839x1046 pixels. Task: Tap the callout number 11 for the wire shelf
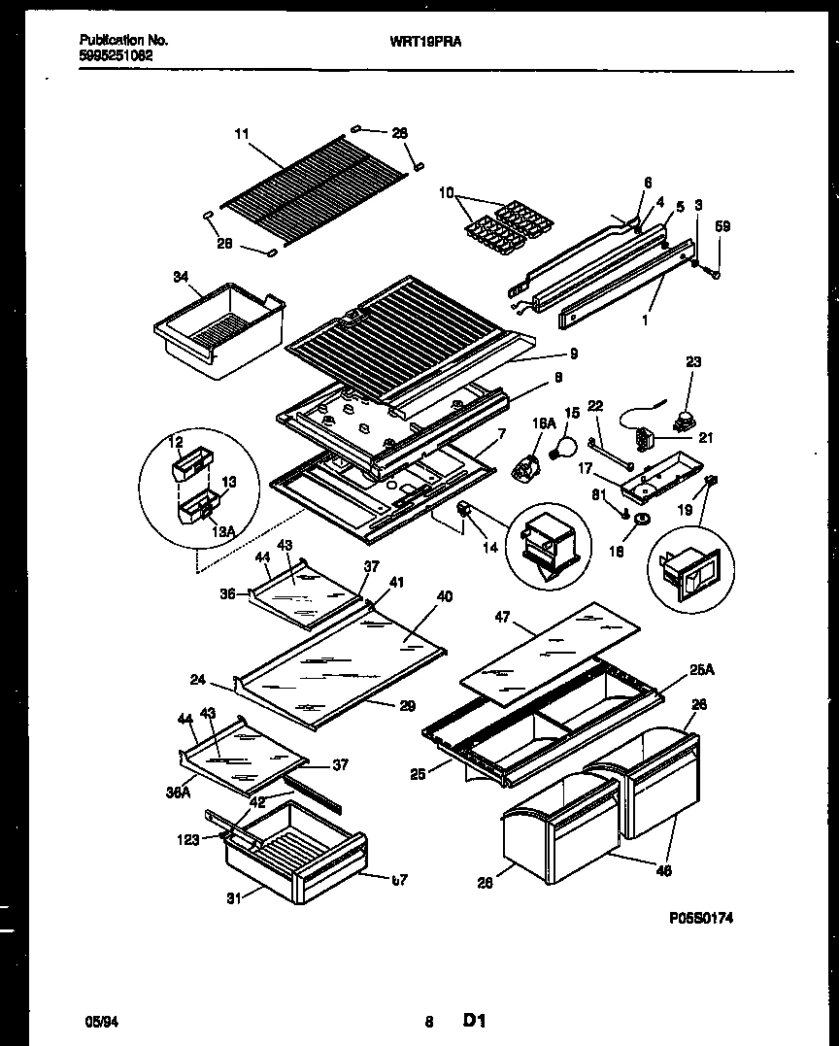[x=242, y=135]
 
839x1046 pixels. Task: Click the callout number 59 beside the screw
[x=722, y=226]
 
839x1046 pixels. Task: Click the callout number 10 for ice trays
[x=447, y=191]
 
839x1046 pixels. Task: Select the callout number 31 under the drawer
[x=232, y=897]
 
